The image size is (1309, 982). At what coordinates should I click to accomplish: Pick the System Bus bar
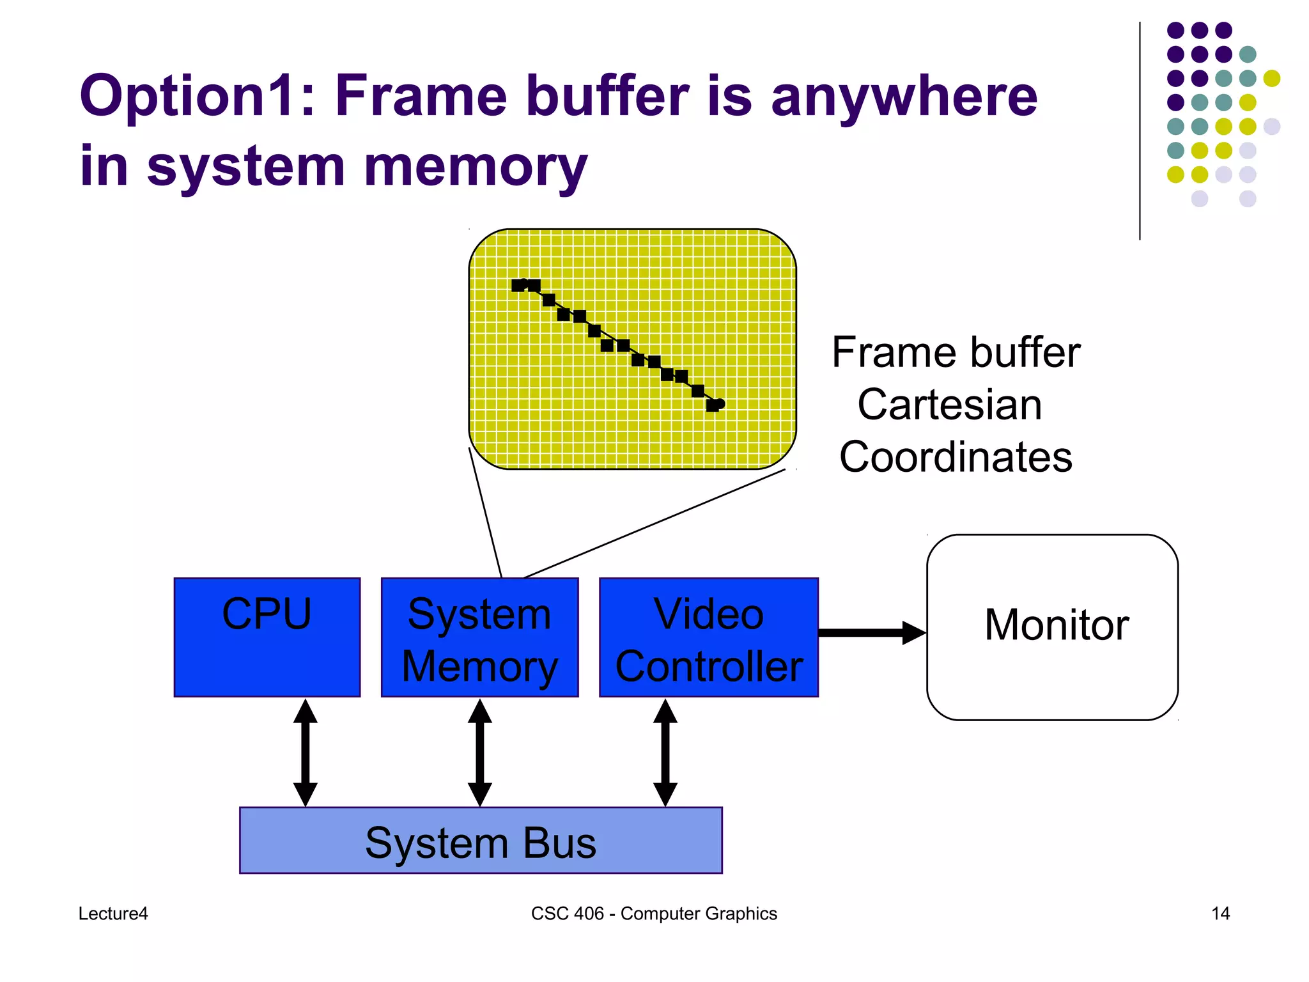point(481,841)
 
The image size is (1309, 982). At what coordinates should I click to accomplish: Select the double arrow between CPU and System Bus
point(306,752)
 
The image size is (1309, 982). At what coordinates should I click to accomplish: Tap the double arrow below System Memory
point(480,752)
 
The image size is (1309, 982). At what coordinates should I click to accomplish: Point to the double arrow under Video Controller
point(665,752)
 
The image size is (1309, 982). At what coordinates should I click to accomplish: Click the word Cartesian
point(950,405)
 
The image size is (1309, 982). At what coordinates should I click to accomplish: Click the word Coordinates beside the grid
point(956,458)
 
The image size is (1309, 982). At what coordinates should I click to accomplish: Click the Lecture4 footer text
point(113,914)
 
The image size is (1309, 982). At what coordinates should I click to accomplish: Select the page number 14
point(1220,914)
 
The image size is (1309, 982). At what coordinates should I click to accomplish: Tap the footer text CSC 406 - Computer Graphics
point(654,914)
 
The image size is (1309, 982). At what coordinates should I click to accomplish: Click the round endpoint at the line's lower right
point(720,403)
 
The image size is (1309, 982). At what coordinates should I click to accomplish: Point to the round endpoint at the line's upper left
point(523,284)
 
